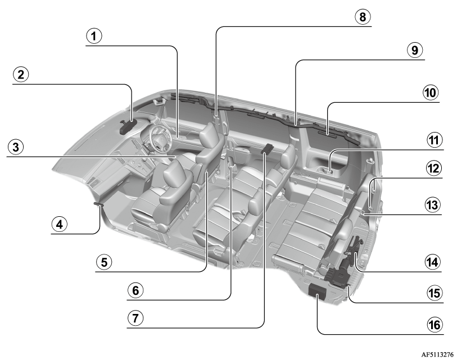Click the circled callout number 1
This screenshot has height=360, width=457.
pyautogui.click(x=94, y=36)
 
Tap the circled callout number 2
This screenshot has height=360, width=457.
pyautogui.click(x=21, y=75)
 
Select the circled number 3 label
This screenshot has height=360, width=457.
pyautogui.click(x=16, y=147)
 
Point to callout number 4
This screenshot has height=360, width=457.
pyautogui.click(x=60, y=225)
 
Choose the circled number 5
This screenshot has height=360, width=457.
pyautogui.click(x=104, y=262)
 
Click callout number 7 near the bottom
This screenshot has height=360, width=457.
pyautogui.click(x=135, y=318)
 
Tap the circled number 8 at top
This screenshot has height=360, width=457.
pyautogui.click(x=362, y=17)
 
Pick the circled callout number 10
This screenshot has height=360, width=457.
pyautogui.click(x=431, y=93)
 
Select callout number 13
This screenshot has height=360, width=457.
pyautogui.click(x=432, y=205)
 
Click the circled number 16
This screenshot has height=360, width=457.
pyautogui.click(x=435, y=325)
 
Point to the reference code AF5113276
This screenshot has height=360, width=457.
pyautogui.click(x=437, y=354)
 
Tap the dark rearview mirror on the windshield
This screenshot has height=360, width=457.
pyautogui.click(x=128, y=126)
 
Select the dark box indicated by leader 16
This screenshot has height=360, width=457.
pyautogui.click(x=318, y=291)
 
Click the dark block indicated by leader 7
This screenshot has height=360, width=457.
pyautogui.click(x=267, y=148)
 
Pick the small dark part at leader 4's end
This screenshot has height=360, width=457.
pyautogui.click(x=98, y=204)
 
